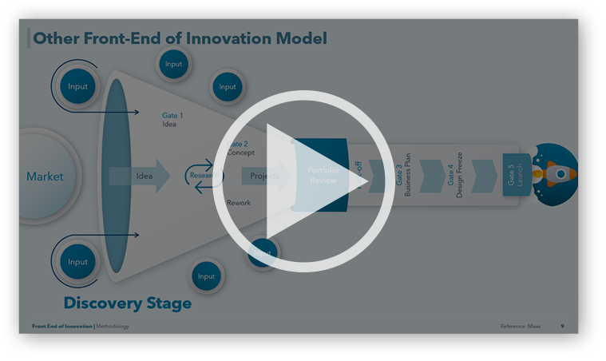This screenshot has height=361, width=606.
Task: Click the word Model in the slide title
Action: [x=301, y=38]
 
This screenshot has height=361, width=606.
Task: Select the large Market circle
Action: [x=45, y=177]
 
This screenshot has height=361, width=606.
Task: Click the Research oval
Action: [x=202, y=176]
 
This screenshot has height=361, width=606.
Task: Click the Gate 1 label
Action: [x=172, y=116]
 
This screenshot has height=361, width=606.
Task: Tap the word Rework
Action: [x=239, y=203]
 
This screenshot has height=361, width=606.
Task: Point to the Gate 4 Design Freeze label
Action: [x=455, y=176]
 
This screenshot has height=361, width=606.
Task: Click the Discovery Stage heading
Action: [x=127, y=303]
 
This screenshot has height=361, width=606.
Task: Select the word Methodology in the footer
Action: [x=113, y=327]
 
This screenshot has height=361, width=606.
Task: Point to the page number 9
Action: [x=562, y=327]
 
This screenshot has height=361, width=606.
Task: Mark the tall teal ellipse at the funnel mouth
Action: [x=117, y=176]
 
